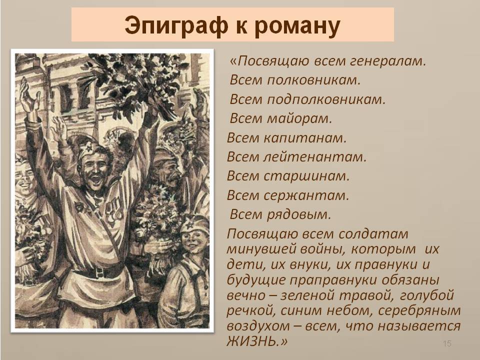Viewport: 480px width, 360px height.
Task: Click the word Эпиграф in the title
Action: pos(176,25)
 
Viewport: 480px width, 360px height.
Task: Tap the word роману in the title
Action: pos(297,25)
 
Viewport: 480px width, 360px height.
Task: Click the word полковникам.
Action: pos(314,80)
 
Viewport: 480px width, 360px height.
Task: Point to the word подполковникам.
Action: pos(326,99)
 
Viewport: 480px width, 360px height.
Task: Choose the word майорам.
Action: pos(299,118)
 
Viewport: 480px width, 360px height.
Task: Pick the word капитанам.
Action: pos(305,138)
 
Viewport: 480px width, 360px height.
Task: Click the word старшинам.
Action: pos(306,176)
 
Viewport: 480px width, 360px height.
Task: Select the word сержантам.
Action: pos(306,195)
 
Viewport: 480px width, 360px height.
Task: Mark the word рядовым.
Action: pos(299,214)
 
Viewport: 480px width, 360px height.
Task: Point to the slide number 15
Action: pos(447,343)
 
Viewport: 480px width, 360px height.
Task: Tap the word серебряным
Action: pos(419,310)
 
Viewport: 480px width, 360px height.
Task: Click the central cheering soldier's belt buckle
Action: pos(99,271)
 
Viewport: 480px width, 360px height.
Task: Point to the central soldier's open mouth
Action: pos(96,180)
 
